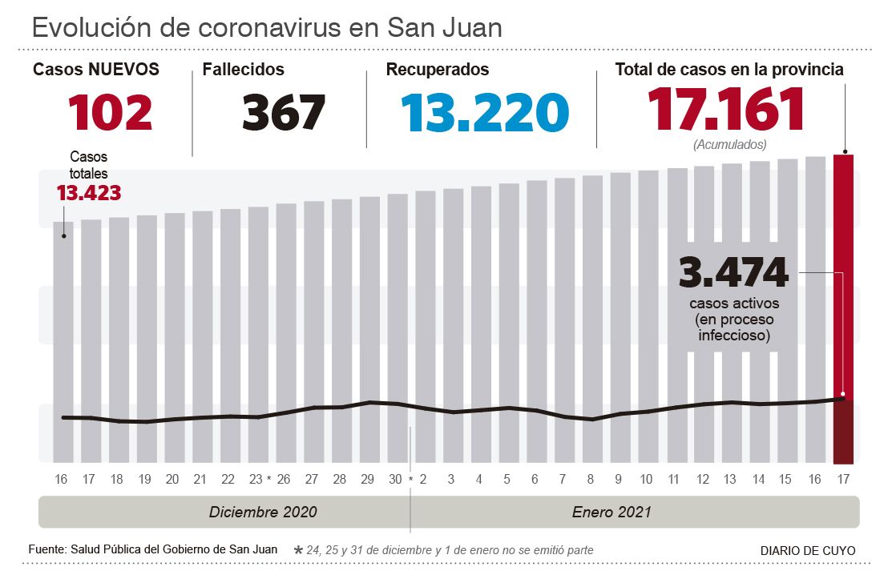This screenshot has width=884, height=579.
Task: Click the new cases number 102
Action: (110, 112)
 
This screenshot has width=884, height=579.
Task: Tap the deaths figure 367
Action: (284, 112)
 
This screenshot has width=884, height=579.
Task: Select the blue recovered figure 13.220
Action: (486, 112)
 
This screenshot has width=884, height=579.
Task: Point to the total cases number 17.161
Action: (726, 109)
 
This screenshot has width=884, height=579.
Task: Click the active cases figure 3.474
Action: (733, 273)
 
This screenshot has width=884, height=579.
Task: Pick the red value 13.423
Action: (88, 193)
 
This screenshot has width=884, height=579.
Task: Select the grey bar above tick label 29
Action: (369, 320)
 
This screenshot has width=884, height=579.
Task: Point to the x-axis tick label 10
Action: (646, 480)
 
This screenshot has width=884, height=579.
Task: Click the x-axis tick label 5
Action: (507, 480)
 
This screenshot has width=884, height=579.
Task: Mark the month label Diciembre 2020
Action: (263, 512)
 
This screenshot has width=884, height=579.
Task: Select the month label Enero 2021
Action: (612, 512)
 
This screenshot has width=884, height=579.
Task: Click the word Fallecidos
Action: (243, 70)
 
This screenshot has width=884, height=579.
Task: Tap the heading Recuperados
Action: (437, 70)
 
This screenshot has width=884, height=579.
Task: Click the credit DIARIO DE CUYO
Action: (808, 551)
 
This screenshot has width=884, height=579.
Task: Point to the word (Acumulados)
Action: (729, 145)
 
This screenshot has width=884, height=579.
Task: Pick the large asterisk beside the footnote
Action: (299, 550)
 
